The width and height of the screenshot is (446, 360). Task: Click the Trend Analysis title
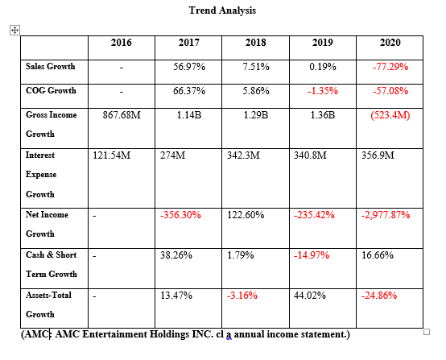[224, 10]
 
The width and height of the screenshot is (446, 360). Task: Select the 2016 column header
[120, 43]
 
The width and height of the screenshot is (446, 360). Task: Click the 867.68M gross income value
[121, 115]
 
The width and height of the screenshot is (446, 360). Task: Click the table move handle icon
[14, 30]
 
